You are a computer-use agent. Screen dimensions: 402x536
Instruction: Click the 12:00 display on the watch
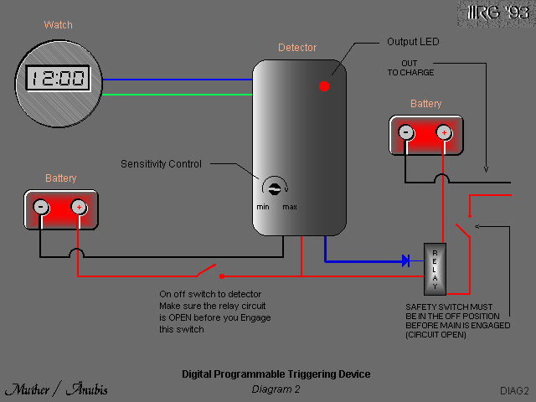pyautogui.click(x=59, y=79)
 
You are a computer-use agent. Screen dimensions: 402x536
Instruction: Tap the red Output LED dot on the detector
pyautogui.click(x=324, y=85)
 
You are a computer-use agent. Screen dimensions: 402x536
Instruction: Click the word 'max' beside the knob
pyautogui.click(x=290, y=206)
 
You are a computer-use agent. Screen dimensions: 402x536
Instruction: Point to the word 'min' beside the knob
pyautogui.click(x=263, y=206)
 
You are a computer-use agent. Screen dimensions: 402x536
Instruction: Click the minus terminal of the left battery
pyautogui.click(x=40, y=207)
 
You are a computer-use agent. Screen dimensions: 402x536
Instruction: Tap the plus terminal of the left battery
pyautogui.click(x=78, y=207)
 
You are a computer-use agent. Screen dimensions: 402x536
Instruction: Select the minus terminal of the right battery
pyautogui.click(x=405, y=132)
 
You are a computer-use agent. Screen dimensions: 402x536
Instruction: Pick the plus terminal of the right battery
pyautogui.click(x=443, y=132)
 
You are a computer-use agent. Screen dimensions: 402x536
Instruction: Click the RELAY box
pyautogui.click(x=435, y=269)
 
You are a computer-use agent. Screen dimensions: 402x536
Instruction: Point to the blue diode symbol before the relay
pyautogui.click(x=405, y=260)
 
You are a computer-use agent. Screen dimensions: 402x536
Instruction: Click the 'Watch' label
pyautogui.click(x=59, y=25)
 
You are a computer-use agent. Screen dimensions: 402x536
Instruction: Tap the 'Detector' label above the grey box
pyautogui.click(x=297, y=48)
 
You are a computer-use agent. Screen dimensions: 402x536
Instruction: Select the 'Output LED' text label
pyautogui.click(x=413, y=42)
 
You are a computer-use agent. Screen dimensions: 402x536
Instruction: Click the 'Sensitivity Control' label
pyautogui.click(x=161, y=163)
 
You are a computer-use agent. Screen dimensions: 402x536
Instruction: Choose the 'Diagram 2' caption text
pyautogui.click(x=276, y=389)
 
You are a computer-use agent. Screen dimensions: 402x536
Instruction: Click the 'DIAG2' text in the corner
pyautogui.click(x=514, y=390)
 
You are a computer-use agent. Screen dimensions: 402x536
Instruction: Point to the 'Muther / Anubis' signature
pyautogui.click(x=56, y=389)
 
